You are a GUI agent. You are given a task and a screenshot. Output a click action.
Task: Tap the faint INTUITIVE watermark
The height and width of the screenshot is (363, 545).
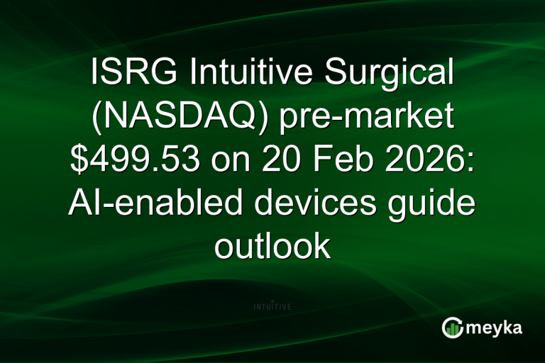pos(272,306)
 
